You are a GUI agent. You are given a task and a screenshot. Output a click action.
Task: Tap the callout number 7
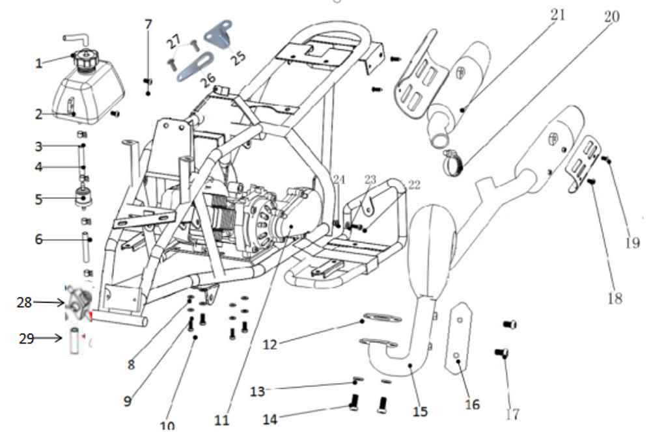148,25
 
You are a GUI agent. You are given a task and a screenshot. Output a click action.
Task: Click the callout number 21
559,14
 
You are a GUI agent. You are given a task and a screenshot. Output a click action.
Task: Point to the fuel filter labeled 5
83,198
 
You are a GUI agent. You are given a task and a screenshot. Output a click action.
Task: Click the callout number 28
25,302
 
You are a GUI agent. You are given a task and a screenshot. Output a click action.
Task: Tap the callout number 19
633,243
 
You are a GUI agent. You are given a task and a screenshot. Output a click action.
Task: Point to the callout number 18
615,298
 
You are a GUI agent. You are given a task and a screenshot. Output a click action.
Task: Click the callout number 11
221,420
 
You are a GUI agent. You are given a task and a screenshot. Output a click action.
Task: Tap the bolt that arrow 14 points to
353,403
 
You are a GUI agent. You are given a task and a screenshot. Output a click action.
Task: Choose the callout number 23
370,180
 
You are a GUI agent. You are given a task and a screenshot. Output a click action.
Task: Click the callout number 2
39,114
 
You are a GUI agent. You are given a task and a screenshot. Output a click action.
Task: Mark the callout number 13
258,391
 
